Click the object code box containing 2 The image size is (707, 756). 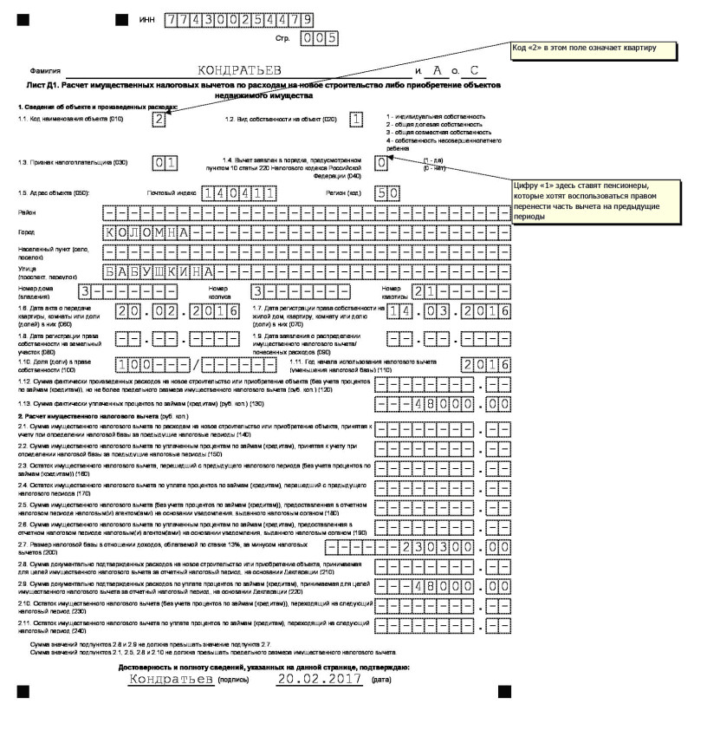click(159, 120)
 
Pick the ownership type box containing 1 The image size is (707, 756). click(354, 120)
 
